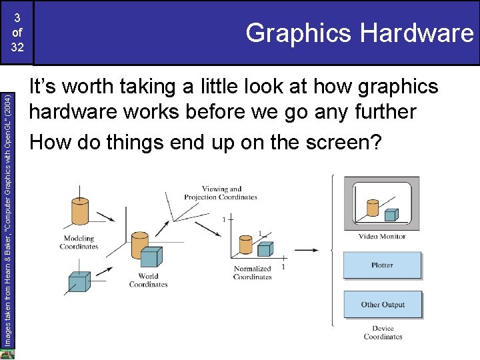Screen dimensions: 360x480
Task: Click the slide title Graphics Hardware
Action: click(x=359, y=32)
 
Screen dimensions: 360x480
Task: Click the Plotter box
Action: click(x=382, y=265)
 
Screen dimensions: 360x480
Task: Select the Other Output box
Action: click(x=382, y=305)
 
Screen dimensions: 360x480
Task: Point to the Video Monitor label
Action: click(x=382, y=237)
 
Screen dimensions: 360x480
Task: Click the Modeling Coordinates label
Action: click(x=79, y=242)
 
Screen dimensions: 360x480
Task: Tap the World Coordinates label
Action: click(x=148, y=280)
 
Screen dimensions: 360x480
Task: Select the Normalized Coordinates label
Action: click(x=253, y=273)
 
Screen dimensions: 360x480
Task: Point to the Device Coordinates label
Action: click(x=383, y=332)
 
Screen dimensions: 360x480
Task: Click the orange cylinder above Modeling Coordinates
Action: click(x=75, y=212)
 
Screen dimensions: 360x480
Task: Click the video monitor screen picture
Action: click(x=381, y=203)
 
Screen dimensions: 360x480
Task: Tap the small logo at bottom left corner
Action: click(x=7, y=354)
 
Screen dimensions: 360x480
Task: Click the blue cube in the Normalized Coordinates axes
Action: click(x=265, y=249)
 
